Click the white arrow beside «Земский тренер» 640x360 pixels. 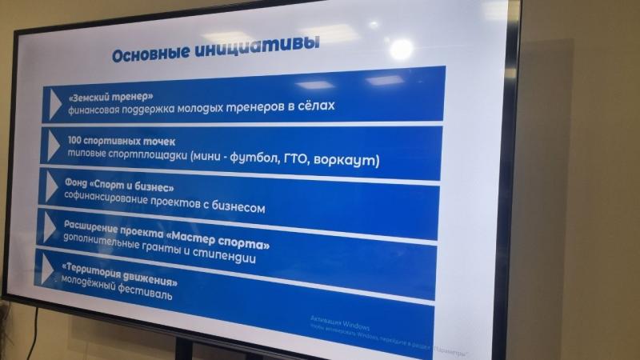click(x=55, y=101)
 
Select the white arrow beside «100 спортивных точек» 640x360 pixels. click(x=54, y=146)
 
